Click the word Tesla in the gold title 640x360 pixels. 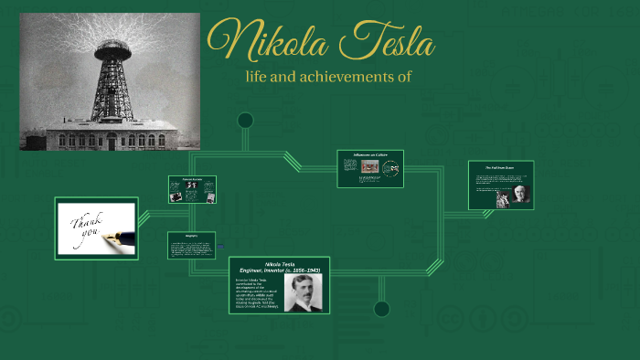[384, 42]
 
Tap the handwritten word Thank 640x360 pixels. [88, 222]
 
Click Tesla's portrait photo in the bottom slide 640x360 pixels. [301, 292]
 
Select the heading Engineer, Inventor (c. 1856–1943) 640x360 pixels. [278, 270]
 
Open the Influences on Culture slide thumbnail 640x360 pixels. [369, 168]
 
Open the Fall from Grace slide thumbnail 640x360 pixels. [500, 185]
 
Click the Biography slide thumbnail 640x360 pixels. [190, 245]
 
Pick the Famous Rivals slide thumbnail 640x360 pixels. [192, 189]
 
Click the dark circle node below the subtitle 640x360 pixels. [245, 120]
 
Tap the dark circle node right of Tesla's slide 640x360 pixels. [381, 309]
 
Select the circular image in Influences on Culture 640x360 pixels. [391, 169]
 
